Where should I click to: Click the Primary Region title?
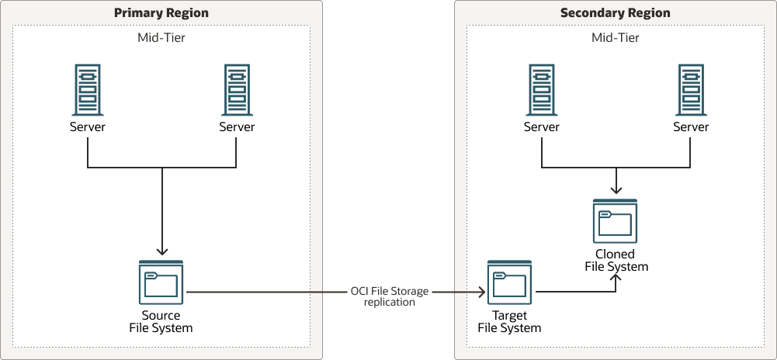(x=161, y=13)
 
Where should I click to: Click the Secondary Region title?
(x=615, y=13)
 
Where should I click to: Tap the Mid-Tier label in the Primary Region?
(x=161, y=37)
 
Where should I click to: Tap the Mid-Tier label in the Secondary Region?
(x=615, y=37)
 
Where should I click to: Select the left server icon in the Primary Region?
(x=88, y=89)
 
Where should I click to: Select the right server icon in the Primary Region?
(x=237, y=89)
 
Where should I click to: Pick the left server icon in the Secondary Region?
(x=541, y=89)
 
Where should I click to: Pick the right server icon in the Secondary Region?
(x=690, y=89)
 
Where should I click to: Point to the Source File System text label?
(x=161, y=322)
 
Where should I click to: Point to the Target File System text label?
(x=509, y=322)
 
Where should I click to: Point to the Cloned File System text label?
(x=616, y=261)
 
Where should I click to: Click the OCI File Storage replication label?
(x=390, y=296)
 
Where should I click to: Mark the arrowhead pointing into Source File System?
(x=161, y=251)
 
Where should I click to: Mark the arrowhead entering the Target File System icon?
(x=481, y=292)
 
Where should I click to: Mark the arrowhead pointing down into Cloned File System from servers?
(x=616, y=190)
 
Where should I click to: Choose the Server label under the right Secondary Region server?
(x=690, y=127)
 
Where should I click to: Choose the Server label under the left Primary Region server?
(x=88, y=127)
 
